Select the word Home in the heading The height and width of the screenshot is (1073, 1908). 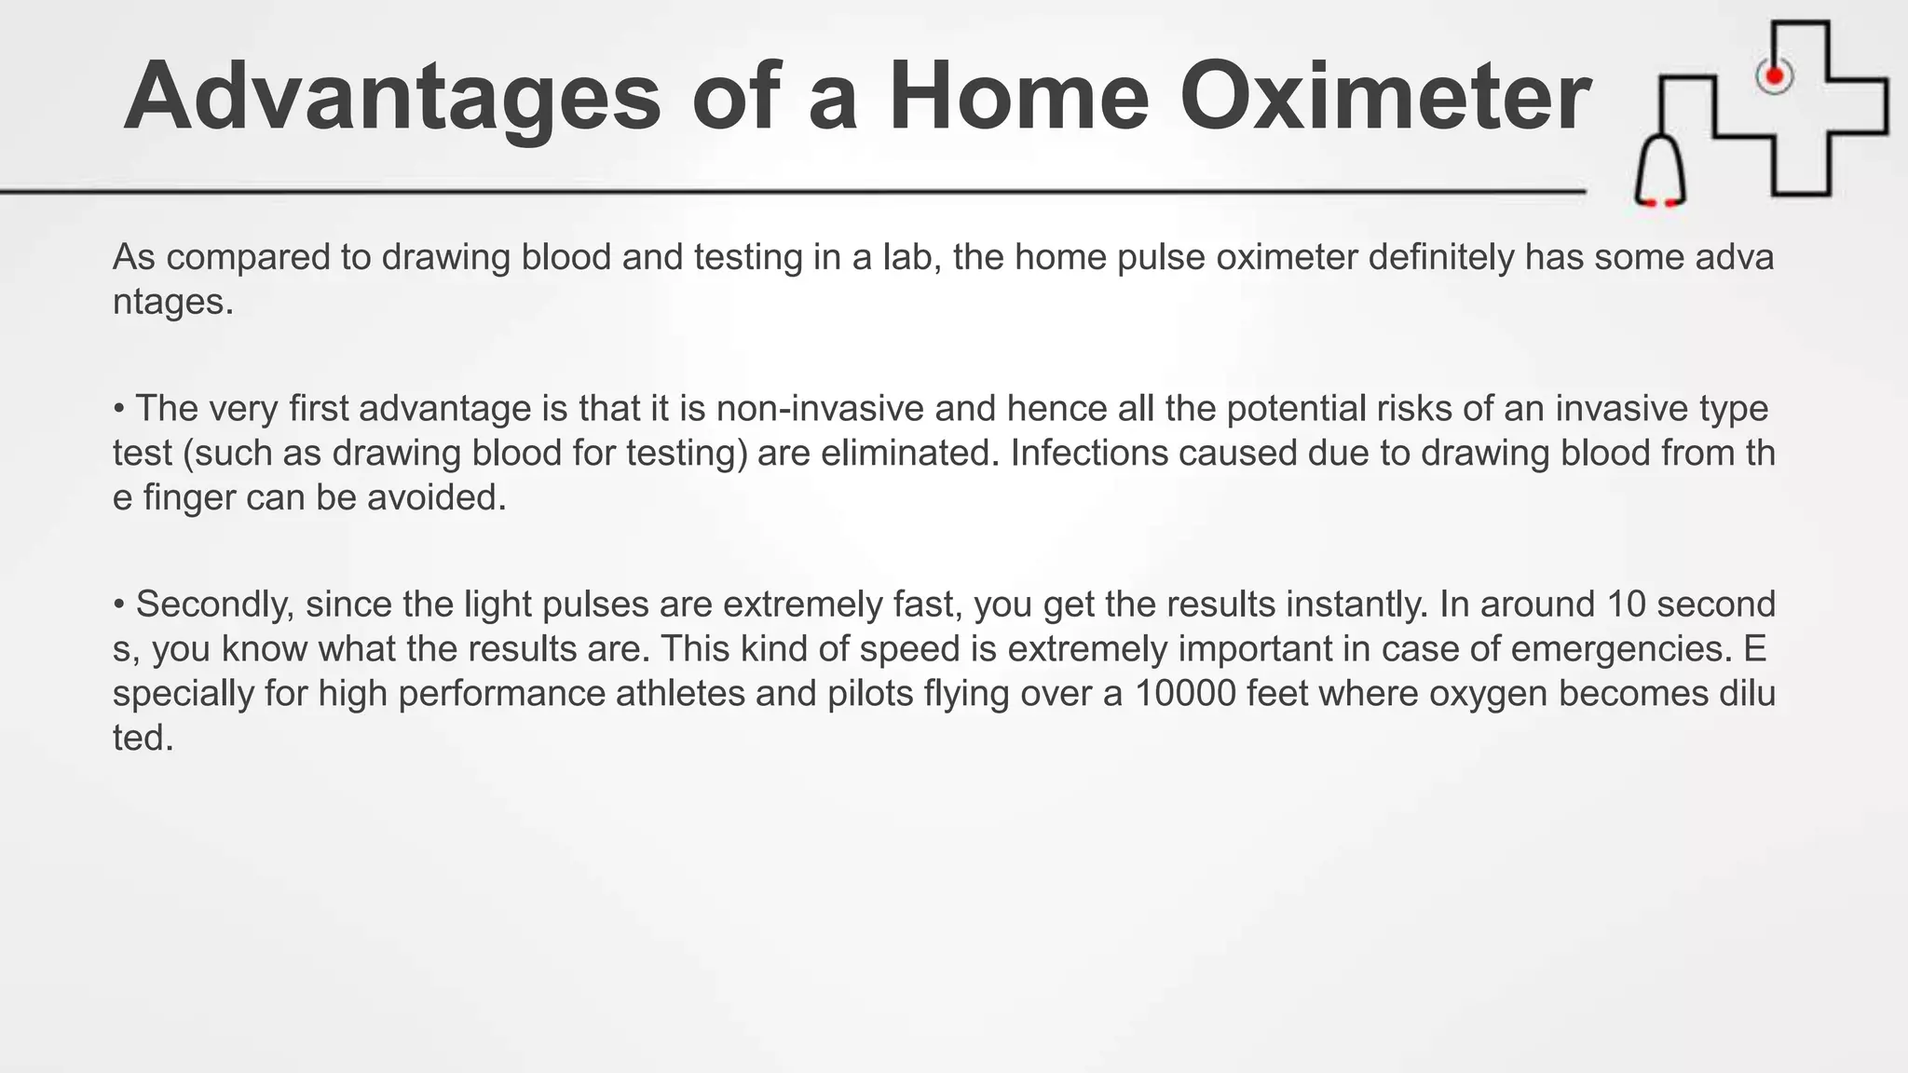[1019, 98]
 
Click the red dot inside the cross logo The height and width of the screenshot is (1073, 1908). [1774, 75]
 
